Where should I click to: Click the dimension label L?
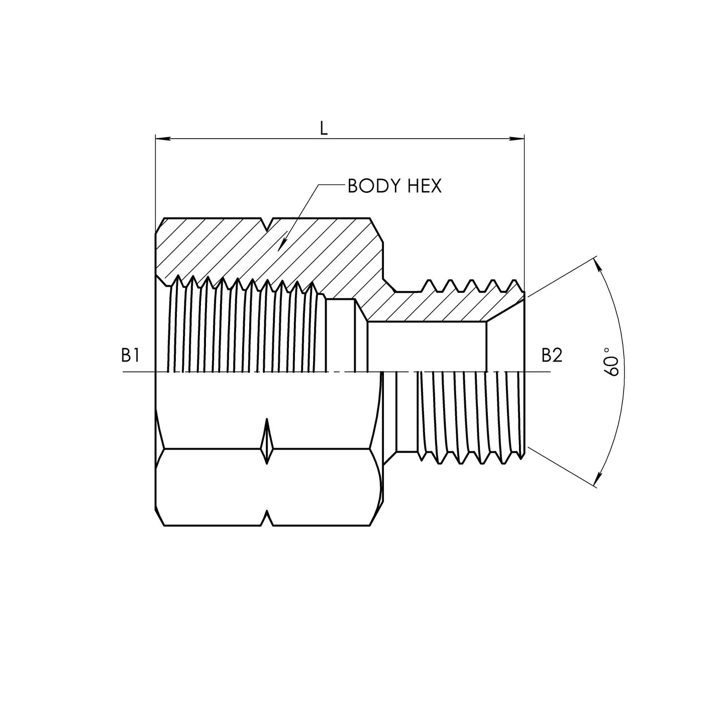[x=324, y=129]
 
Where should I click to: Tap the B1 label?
[x=130, y=356]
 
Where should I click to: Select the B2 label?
[x=552, y=356]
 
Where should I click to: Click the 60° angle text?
[x=611, y=362]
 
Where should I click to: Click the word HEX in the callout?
[x=423, y=186]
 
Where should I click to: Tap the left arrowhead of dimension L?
[x=163, y=139]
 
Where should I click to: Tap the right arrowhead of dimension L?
[x=516, y=139]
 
